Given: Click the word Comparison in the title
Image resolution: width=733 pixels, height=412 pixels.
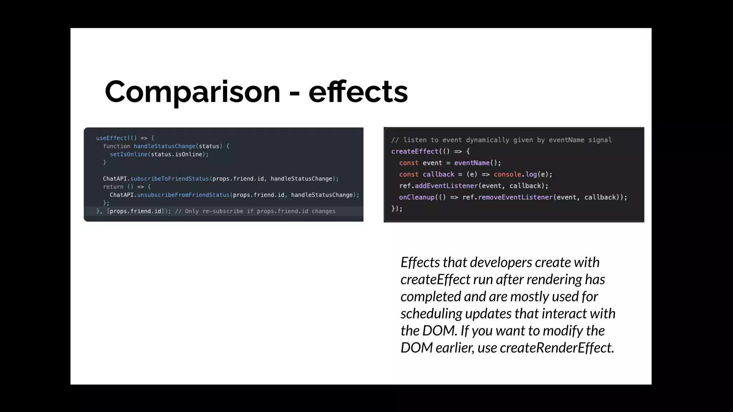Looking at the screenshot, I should pos(192,92).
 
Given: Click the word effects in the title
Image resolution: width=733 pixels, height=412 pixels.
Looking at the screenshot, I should pos(358,92).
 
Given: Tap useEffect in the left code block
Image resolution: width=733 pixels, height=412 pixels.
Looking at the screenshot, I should pos(111,138).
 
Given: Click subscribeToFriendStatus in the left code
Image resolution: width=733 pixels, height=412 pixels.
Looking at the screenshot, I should pos(169,179).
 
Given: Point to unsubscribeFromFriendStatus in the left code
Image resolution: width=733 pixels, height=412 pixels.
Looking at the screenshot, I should pos(183,195).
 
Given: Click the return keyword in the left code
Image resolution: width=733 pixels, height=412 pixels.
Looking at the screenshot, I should pos(113,187).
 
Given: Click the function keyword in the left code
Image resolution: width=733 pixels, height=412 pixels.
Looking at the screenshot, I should pos(117,146).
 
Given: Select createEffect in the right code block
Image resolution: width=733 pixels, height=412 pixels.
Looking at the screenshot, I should pos(414,151).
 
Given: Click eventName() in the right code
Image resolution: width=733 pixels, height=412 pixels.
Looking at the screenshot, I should pos(477,163).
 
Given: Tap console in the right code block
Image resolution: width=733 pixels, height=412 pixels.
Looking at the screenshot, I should pos(507,175).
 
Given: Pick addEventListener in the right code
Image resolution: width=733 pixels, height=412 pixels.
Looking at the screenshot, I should pos(446,186).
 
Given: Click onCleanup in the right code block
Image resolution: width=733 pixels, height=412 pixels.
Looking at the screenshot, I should pos(417,197).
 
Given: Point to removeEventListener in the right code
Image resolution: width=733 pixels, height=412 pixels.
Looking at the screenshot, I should pos(515,197).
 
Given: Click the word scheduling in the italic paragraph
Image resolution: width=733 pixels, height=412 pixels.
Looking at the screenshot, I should pos(431,314).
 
